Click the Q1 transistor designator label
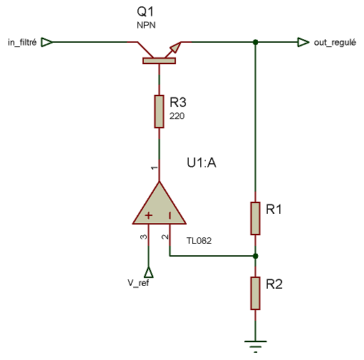(x=145, y=11)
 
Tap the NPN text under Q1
(x=146, y=25)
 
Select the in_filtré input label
(x=22, y=43)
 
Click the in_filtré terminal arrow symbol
(x=47, y=42)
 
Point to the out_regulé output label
(x=335, y=43)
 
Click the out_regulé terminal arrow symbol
(x=303, y=42)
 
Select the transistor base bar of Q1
(x=159, y=61)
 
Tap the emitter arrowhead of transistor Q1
(x=176, y=48)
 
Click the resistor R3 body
(x=159, y=111)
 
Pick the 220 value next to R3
(x=177, y=116)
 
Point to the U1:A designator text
(x=202, y=163)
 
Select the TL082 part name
(x=199, y=241)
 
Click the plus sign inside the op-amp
(x=149, y=215)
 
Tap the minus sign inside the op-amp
(x=170, y=215)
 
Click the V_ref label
(x=138, y=283)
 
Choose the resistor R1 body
(x=255, y=218)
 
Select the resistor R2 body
(x=255, y=293)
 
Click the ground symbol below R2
(x=256, y=346)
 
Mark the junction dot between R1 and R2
(x=256, y=256)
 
